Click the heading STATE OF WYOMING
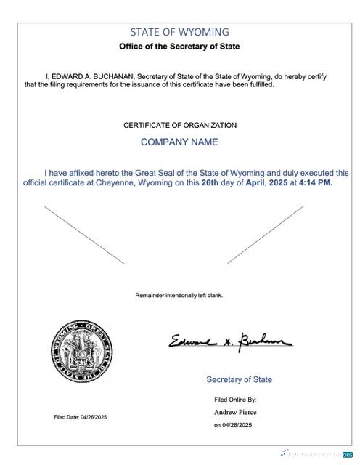click(x=179, y=32)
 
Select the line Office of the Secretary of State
click(x=179, y=46)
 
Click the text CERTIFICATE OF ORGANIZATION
click(x=179, y=125)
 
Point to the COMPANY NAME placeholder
click(x=179, y=142)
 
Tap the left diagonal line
click(x=84, y=235)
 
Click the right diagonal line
click(x=266, y=234)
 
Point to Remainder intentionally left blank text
click(x=179, y=295)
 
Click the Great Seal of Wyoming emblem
click(x=81, y=352)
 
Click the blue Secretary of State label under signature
click(x=239, y=379)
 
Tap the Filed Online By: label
click(x=235, y=400)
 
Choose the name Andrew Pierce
click(x=235, y=412)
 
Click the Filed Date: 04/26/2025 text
click(x=80, y=417)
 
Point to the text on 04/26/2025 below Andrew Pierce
click(x=235, y=425)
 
